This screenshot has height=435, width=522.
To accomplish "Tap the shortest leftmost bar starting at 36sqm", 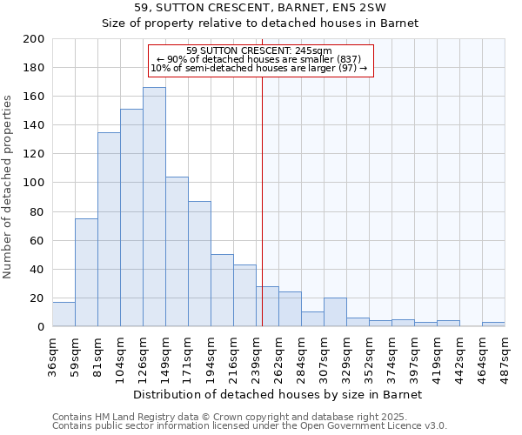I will pyautogui.click(x=64, y=314).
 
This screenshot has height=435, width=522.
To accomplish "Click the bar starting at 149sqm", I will pyautogui.click(x=177, y=251).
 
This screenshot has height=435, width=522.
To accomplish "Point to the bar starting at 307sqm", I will pyautogui.click(x=335, y=312).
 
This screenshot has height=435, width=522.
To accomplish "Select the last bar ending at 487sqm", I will pyautogui.click(x=493, y=325).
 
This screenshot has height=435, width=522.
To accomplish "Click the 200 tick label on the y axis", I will pyautogui.click(x=34, y=39).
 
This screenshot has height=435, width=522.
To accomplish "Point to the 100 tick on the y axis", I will pyautogui.click(x=34, y=183).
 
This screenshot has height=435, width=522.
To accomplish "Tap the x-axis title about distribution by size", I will pyautogui.click(x=278, y=394).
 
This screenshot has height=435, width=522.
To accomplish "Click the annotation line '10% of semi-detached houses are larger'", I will pyautogui.click(x=259, y=68).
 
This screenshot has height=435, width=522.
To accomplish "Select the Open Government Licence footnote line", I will pyautogui.click(x=250, y=426).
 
